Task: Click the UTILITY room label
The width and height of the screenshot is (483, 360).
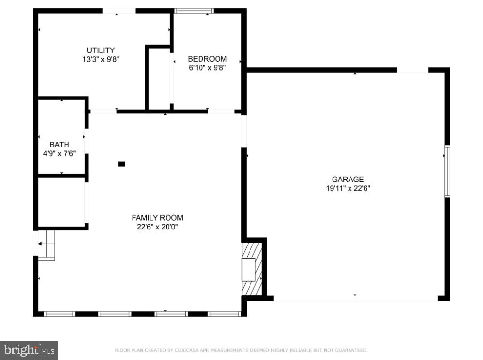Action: click(100, 50)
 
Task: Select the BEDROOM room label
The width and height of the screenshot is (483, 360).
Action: click(207, 59)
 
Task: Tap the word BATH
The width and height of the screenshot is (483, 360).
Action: click(59, 145)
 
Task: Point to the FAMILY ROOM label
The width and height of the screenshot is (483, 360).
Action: click(157, 218)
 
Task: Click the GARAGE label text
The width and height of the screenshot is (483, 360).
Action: click(348, 180)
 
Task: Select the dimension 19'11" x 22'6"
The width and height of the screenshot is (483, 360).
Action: click(348, 189)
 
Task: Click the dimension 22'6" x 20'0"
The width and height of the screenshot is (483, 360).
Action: click(157, 227)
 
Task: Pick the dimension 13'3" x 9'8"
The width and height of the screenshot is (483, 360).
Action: click(100, 60)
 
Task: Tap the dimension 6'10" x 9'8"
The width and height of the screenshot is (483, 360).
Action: click(207, 68)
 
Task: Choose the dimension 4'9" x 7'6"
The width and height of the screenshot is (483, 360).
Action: click(59, 154)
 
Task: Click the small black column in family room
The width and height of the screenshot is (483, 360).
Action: click(122, 164)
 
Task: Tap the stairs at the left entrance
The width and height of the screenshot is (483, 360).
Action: click(47, 245)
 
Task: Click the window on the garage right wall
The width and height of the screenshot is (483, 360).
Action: click(447, 171)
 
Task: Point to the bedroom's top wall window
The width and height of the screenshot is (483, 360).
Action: click(194, 10)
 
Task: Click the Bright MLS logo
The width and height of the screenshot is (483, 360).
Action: click(29, 350)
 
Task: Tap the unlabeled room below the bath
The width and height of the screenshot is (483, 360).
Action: click(62, 201)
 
